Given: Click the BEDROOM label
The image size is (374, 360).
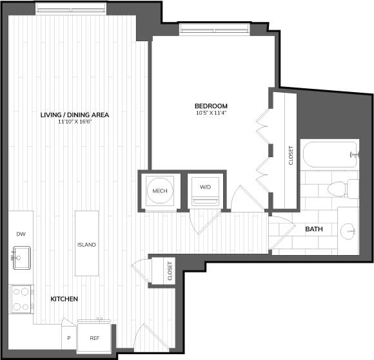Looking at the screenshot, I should [212, 106].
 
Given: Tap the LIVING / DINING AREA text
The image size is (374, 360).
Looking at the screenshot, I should [75, 115].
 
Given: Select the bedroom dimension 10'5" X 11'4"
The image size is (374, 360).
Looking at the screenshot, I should [212, 113].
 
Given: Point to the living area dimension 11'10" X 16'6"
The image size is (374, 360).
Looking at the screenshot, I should [75, 122].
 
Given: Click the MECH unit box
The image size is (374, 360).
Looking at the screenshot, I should [159, 191].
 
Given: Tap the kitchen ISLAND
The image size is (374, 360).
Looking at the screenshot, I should [86, 244].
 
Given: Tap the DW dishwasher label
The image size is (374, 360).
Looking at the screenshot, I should [19, 234].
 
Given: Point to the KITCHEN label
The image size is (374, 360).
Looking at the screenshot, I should [64, 299].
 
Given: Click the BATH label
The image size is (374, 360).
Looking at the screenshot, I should [314, 229].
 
